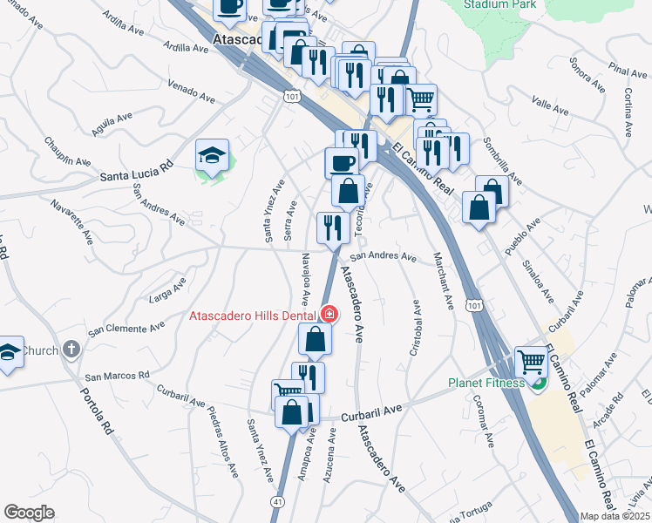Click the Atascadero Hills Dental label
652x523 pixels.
click(x=255, y=315)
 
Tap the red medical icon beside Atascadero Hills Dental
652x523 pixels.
click(x=329, y=314)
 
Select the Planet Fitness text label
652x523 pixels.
click(x=486, y=382)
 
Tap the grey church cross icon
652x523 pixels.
click(x=71, y=350)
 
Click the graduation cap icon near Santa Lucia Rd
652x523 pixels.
click(x=212, y=155)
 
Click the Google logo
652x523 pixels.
click(x=29, y=513)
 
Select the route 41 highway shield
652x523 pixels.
click(x=276, y=502)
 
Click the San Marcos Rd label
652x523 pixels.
click(x=117, y=376)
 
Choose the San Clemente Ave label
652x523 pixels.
click(x=126, y=328)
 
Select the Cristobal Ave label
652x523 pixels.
click(x=416, y=329)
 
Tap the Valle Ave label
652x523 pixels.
click(x=550, y=107)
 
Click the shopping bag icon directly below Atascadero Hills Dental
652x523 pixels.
click(x=315, y=338)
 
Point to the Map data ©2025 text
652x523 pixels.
click(x=615, y=516)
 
